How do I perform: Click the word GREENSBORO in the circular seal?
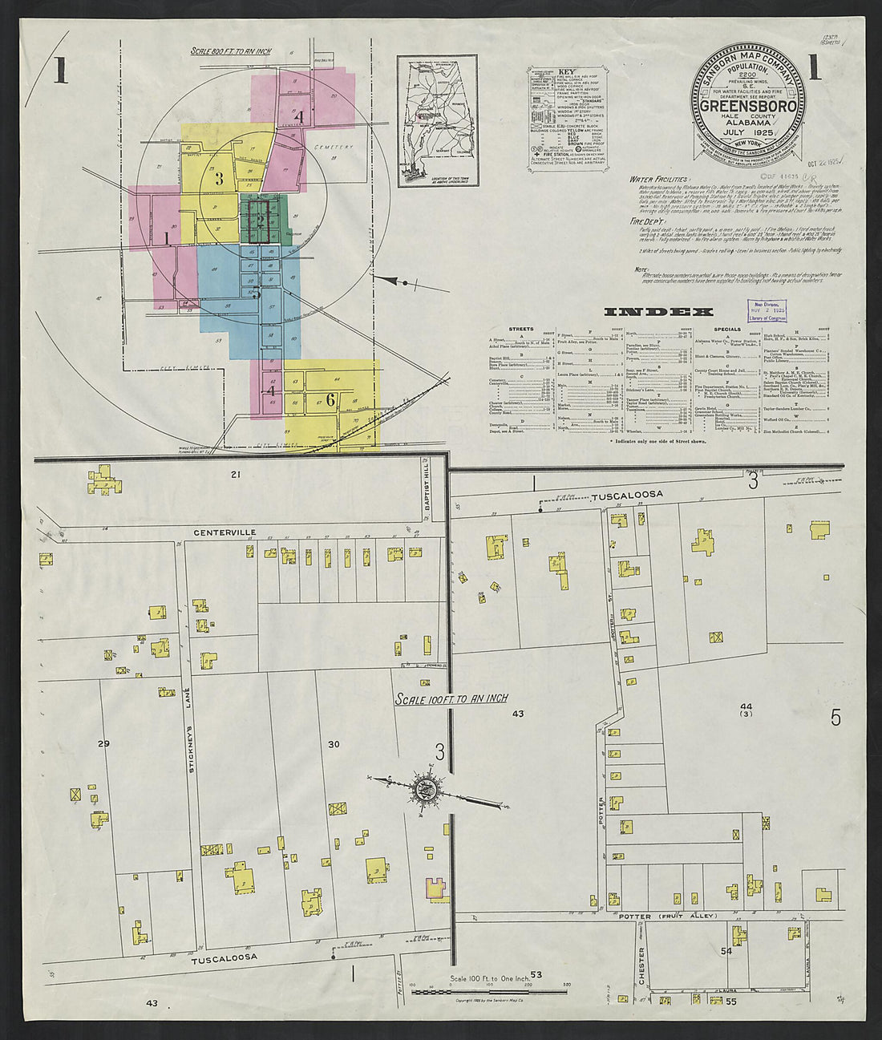pos(748,106)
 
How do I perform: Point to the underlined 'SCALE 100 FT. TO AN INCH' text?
pos(451,698)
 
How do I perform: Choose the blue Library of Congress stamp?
pos(767,311)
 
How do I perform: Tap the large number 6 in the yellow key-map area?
pos(330,401)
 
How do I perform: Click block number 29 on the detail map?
pos(103,744)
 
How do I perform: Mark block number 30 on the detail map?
pos(334,744)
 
